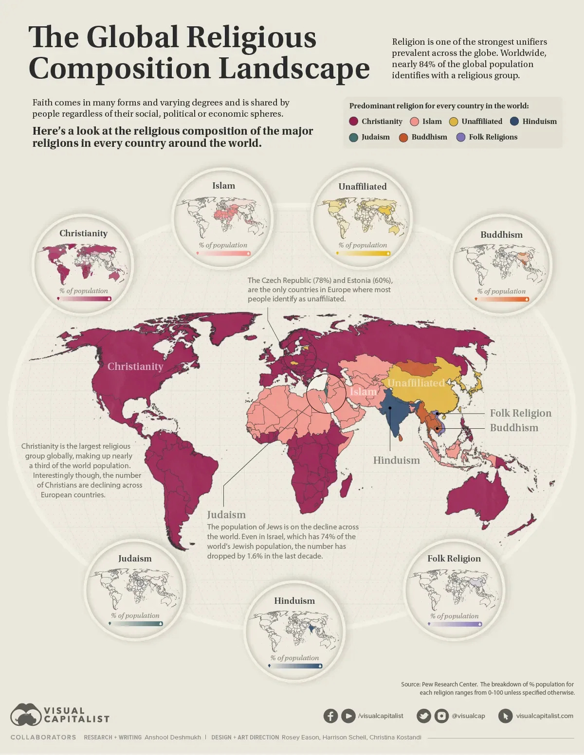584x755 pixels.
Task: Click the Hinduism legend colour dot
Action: point(514,122)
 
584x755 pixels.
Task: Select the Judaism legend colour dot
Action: point(354,138)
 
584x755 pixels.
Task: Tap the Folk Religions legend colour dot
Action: point(461,138)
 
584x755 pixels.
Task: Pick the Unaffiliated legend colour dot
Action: point(454,122)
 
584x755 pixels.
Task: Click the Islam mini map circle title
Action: point(223,186)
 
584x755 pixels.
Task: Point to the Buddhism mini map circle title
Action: point(501,235)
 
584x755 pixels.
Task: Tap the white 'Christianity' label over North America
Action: point(135,367)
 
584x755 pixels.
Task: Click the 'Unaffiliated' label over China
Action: point(416,383)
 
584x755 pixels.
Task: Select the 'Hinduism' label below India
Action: point(396,460)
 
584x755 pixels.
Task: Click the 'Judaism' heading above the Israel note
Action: point(226,515)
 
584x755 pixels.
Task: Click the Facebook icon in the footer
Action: point(330,716)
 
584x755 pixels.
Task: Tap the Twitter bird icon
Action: point(424,716)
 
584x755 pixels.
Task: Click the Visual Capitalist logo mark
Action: point(26,715)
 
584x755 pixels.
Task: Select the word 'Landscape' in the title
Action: point(294,69)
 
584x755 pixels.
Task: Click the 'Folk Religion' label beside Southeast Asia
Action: point(520,413)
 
